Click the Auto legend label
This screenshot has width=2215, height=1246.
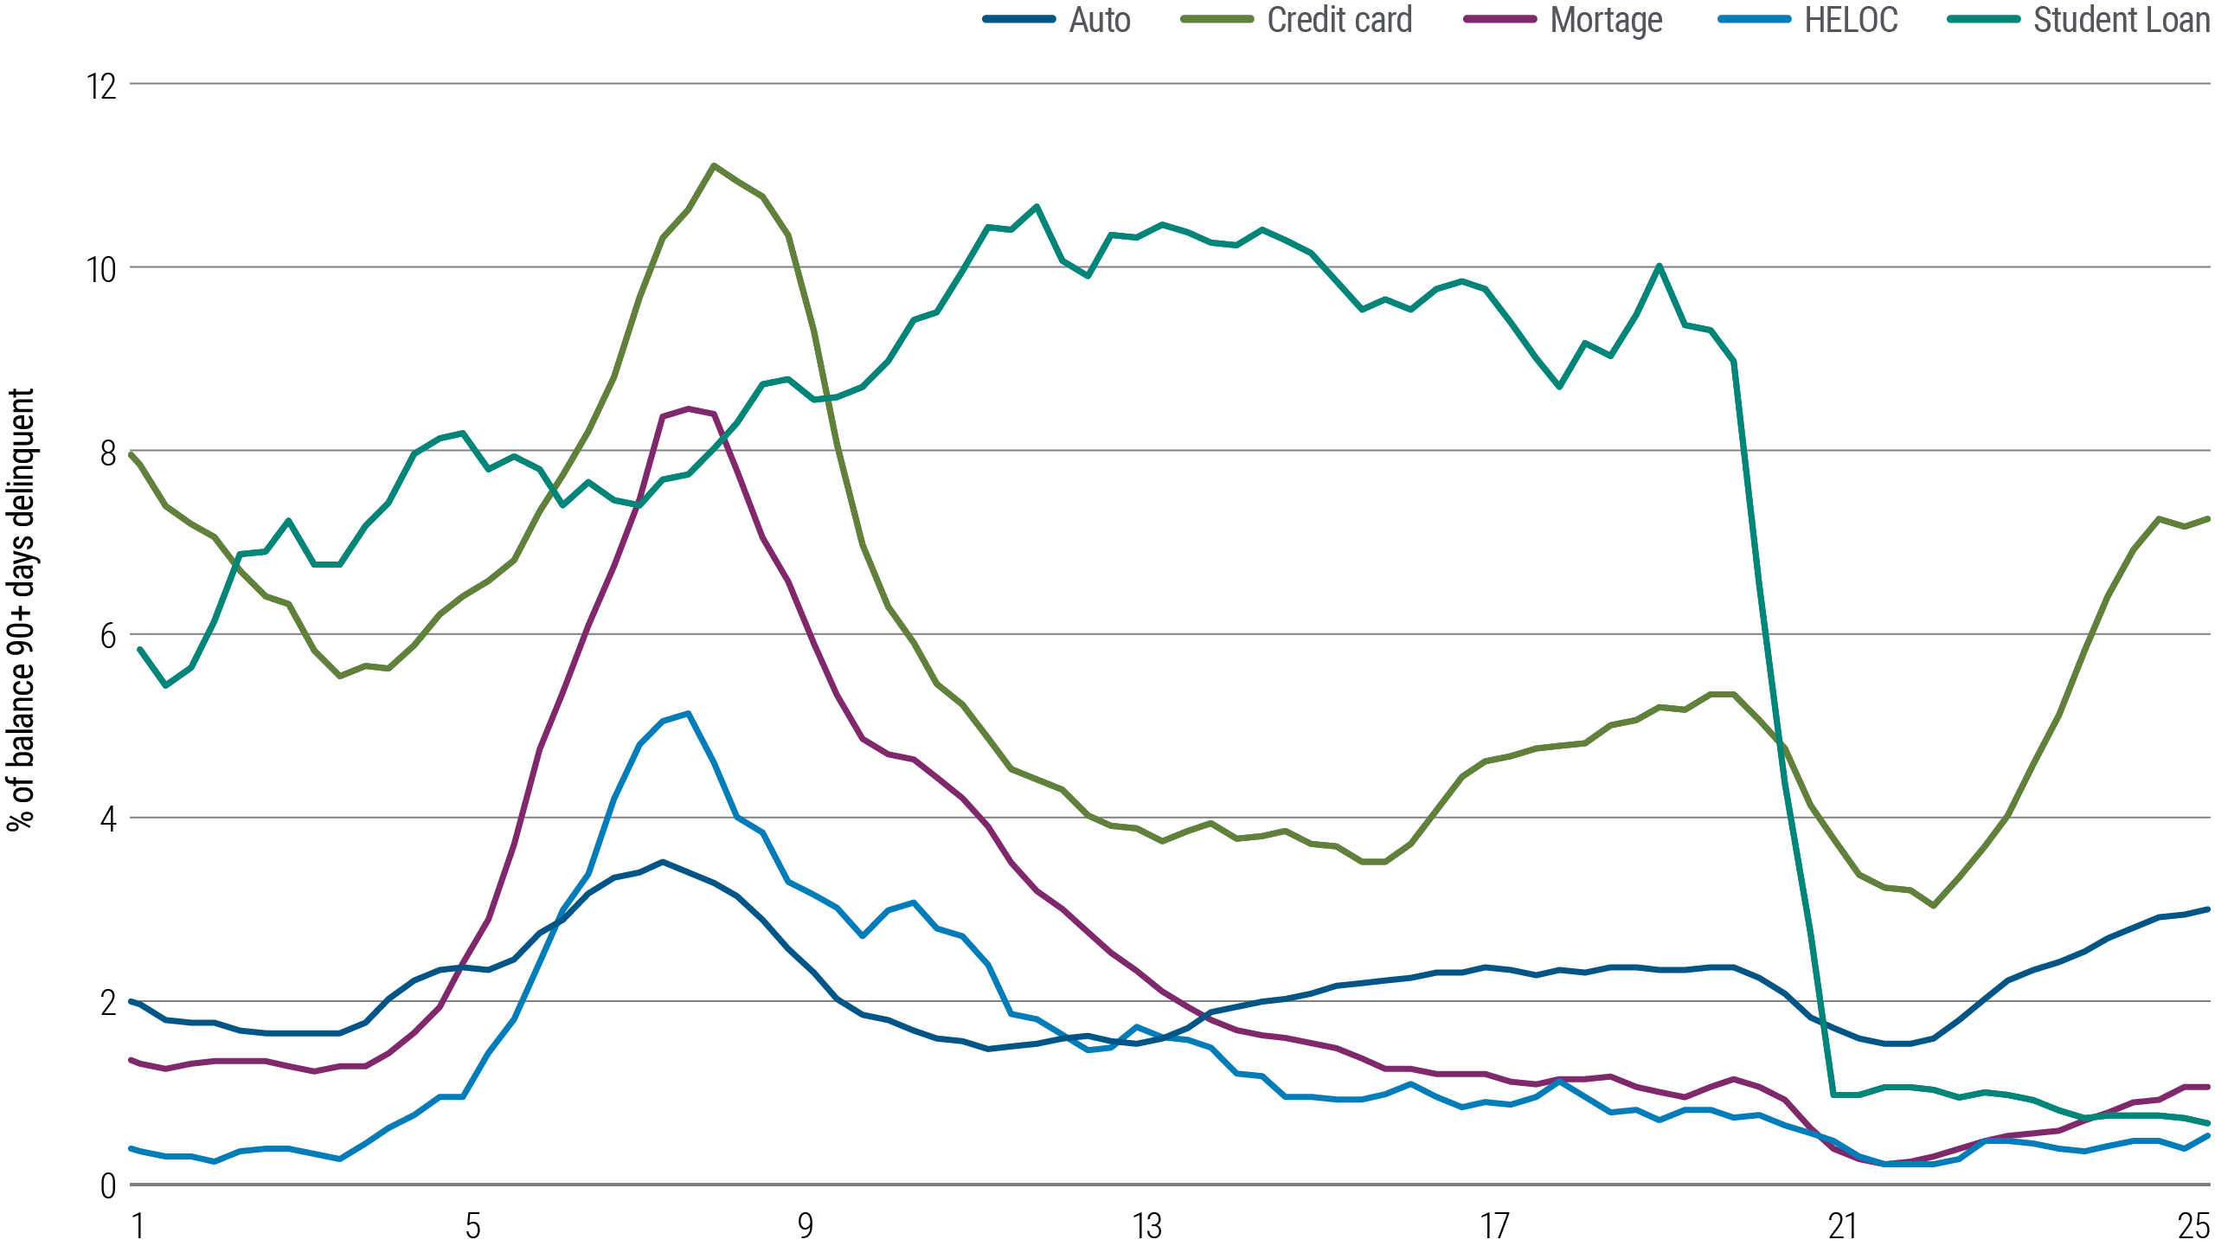point(1099,20)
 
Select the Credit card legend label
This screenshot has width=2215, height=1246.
point(1339,20)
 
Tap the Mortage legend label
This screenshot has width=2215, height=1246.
point(1606,20)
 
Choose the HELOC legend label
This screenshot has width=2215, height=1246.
point(1851,20)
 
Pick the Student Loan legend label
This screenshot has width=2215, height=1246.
point(2121,20)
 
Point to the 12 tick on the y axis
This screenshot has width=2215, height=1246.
point(100,86)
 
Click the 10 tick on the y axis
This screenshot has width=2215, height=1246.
point(100,269)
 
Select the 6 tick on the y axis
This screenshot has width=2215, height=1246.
point(107,636)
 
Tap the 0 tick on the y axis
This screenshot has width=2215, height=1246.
point(107,1185)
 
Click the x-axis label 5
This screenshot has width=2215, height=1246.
point(472,1225)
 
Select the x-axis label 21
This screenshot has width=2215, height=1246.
point(1842,1225)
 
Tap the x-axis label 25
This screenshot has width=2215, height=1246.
point(2194,1225)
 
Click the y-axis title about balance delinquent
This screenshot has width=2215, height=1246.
point(22,610)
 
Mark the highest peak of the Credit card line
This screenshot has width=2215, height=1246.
point(713,165)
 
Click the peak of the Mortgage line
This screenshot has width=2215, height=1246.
point(688,408)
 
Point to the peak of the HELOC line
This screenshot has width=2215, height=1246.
point(688,713)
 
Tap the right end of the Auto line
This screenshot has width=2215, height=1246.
point(2208,909)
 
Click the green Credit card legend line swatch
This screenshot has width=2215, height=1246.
point(1217,20)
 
